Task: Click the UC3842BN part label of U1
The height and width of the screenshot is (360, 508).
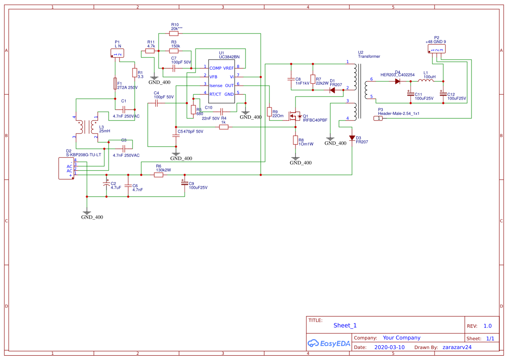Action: click(x=229, y=57)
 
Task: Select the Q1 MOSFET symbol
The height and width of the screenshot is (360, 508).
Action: click(x=296, y=117)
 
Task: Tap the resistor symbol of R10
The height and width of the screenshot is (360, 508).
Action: click(x=174, y=33)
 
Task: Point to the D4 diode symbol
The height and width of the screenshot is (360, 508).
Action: click(x=397, y=81)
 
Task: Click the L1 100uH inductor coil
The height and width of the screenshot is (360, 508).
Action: click(x=426, y=81)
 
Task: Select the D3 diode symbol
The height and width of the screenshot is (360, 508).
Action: click(x=352, y=138)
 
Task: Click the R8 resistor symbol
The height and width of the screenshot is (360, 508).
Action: click(x=296, y=140)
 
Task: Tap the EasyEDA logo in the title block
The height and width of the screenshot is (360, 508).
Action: click(x=329, y=343)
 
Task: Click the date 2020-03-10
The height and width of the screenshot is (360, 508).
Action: click(x=389, y=347)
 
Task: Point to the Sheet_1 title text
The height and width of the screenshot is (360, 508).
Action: click(x=345, y=325)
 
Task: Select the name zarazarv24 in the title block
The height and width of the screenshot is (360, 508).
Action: click(x=457, y=347)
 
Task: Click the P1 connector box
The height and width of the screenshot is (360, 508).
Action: click(x=117, y=53)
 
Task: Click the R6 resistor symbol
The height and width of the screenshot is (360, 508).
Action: click(x=159, y=175)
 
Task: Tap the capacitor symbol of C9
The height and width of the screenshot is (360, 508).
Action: click(x=185, y=183)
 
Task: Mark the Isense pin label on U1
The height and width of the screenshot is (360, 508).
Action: click(x=216, y=85)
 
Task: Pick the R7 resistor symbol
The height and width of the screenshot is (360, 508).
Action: click(x=312, y=79)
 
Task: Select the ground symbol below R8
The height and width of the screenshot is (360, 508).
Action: click(x=296, y=159)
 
